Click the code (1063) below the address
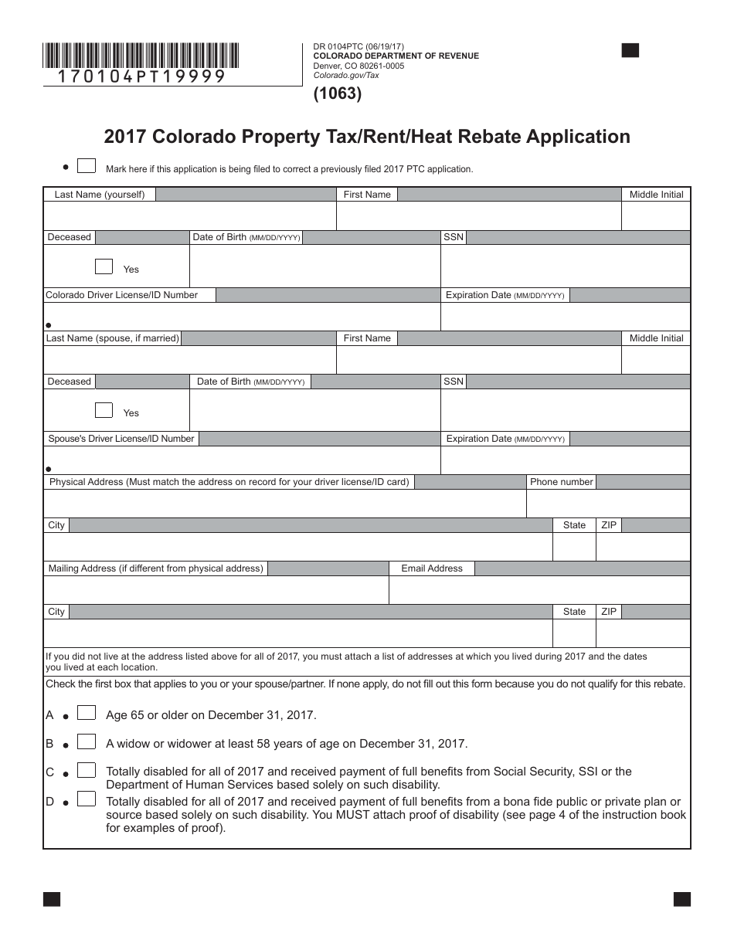pyautogui.click(x=337, y=94)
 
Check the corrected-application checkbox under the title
pyautogui.click(x=87, y=166)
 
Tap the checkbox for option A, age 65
pyautogui.click(x=87, y=713)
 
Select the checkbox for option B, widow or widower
pyautogui.click(x=87, y=742)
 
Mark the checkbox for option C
pyautogui.click(x=87, y=770)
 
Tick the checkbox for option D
pyautogui.click(x=87, y=799)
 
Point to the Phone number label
pyautogui.click(x=561, y=482)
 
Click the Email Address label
pyautogui.click(x=432, y=568)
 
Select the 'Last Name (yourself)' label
pyautogui.click(x=100, y=195)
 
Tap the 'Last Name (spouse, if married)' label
pyautogui.click(x=113, y=338)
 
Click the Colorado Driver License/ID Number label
pyautogui.click(x=122, y=295)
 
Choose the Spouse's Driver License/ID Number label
pyautogui.click(x=121, y=439)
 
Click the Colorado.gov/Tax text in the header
pyautogui.click(x=346, y=76)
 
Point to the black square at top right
pyautogui.click(x=630, y=51)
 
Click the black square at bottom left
pyautogui.click(x=52, y=899)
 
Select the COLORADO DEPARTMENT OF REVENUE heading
pyautogui.click(x=396, y=56)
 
